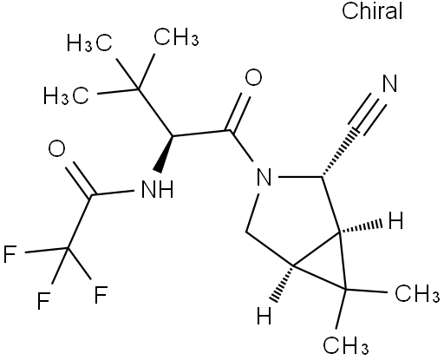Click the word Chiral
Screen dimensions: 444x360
(x=372, y=11)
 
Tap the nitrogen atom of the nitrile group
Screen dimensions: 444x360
(x=389, y=83)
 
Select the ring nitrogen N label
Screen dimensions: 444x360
(x=264, y=177)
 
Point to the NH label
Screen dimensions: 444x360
(x=158, y=189)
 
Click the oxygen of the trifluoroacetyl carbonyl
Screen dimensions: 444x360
(x=56, y=148)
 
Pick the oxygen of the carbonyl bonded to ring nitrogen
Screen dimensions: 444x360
(x=253, y=77)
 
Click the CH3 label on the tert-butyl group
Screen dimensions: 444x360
(x=176, y=37)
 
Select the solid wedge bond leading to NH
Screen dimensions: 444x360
(x=165, y=154)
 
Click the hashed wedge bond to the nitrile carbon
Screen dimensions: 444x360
(x=339, y=154)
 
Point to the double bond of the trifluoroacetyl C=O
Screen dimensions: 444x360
(x=79, y=178)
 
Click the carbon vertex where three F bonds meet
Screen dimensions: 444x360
(x=69, y=248)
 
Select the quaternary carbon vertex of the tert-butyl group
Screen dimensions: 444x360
(x=138, y=88)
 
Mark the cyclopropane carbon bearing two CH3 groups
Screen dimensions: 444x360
(x=345, y=289)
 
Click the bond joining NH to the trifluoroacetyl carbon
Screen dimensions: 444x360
(x=113, y=193)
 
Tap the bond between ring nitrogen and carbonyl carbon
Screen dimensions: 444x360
(x=242, y=146)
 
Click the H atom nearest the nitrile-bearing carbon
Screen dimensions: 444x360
(x=395, y=221)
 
